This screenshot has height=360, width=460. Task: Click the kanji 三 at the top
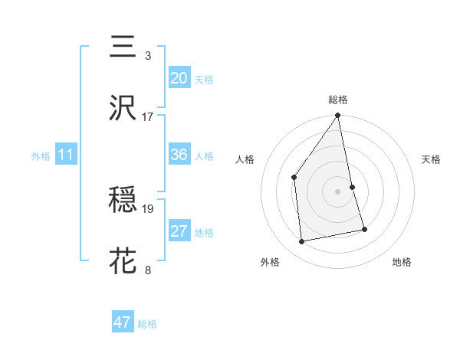pos(123,47)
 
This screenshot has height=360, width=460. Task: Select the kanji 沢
pos(123,109)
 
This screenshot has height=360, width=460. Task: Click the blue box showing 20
pos(179,78)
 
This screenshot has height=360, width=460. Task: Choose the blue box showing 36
pos(179,155)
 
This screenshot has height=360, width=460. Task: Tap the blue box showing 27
pos(179,231)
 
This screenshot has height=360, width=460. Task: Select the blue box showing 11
pos(65,155)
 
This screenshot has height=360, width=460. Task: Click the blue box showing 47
pos(123,322)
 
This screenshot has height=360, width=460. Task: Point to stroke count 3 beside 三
pos(147,56)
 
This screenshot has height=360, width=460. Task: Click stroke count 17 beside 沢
pos(147,117)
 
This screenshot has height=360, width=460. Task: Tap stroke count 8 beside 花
pos(147,270)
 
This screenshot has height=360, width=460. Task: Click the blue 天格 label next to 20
pos(203,79)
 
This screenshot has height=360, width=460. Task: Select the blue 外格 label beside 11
pos(41,155)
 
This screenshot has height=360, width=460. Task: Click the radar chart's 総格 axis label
pos(338,100)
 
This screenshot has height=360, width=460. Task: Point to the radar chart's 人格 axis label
pos(245,160)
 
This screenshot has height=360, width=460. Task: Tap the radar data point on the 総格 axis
pos(337,116)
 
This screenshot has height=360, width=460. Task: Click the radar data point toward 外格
pos(302,241)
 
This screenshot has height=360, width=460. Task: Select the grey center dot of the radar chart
pos(337,191)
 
